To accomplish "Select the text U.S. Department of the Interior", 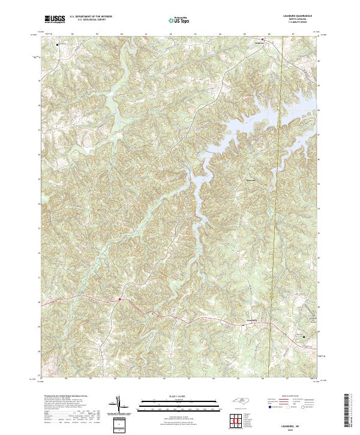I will (90, 16).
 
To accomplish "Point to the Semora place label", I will (259, 43).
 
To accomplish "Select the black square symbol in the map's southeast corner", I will (304, 337).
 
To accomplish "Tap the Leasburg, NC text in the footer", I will (294, 422).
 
